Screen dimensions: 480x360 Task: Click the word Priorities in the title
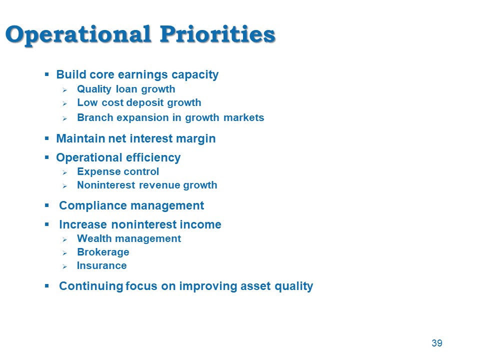pos(217,34)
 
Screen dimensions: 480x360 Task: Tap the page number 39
pos(437,343)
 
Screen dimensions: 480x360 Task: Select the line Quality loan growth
pos(126,89)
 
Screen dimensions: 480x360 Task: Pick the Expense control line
pos(118,171)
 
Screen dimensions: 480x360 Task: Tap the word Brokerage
pos(103,252)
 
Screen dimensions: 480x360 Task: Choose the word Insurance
pos(102,265)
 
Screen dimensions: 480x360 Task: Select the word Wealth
pos(92,238)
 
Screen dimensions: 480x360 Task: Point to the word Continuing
pos(91,286)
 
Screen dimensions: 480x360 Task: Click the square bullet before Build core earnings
pos(47,74)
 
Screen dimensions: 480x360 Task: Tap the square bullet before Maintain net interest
pos(47,138)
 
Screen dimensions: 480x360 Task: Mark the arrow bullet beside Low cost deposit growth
pos(64,104)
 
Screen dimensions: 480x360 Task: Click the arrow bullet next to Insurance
pos(64,266)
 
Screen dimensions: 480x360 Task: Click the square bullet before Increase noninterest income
pos(47,224)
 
